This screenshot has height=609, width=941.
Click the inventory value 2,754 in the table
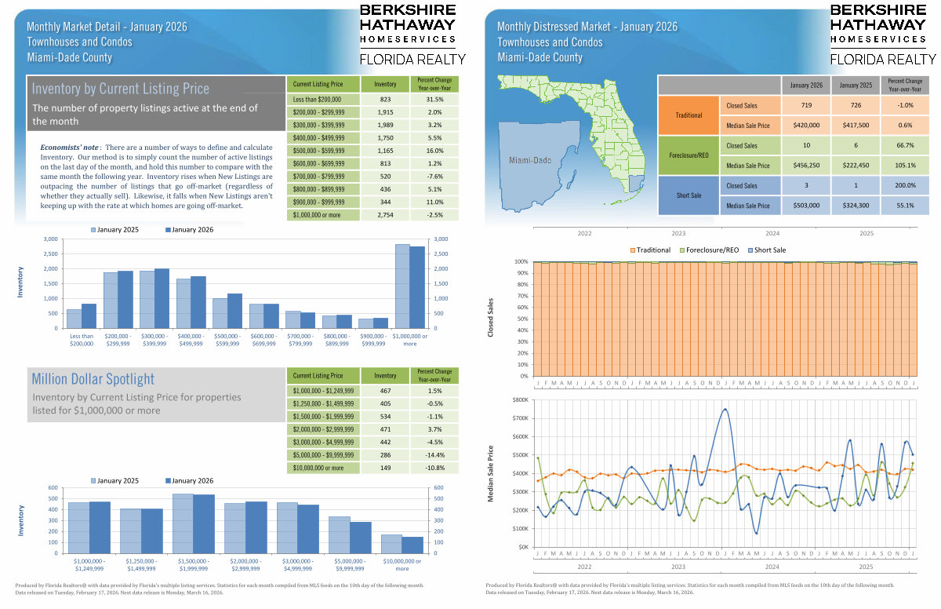[x=385, y=214]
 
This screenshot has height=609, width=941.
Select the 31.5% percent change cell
[x=434, y=100]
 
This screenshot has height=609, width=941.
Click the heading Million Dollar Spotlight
[x=93, y=379]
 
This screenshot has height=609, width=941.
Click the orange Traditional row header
[x=688, y=115]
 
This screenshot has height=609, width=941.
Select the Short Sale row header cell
[x=688, y=195]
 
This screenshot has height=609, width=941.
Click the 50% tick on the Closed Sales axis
[x=521, y=319]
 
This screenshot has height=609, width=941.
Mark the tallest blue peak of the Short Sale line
[x=725, y=409]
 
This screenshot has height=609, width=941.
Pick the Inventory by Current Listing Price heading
[x=121, y=89]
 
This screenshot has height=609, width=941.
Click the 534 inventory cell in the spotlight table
[x=385, y=415]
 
